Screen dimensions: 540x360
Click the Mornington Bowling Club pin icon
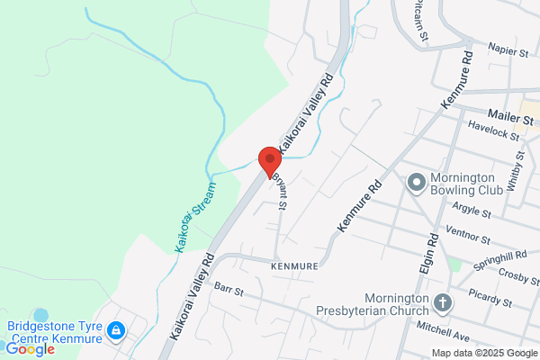[x=416, y=184]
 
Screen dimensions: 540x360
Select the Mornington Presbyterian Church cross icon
[x=442, y=302]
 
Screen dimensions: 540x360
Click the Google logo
[x=30, y=349]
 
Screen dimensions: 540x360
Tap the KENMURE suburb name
[x=293, y=267]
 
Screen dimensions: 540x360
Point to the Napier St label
[x=508, y=51]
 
